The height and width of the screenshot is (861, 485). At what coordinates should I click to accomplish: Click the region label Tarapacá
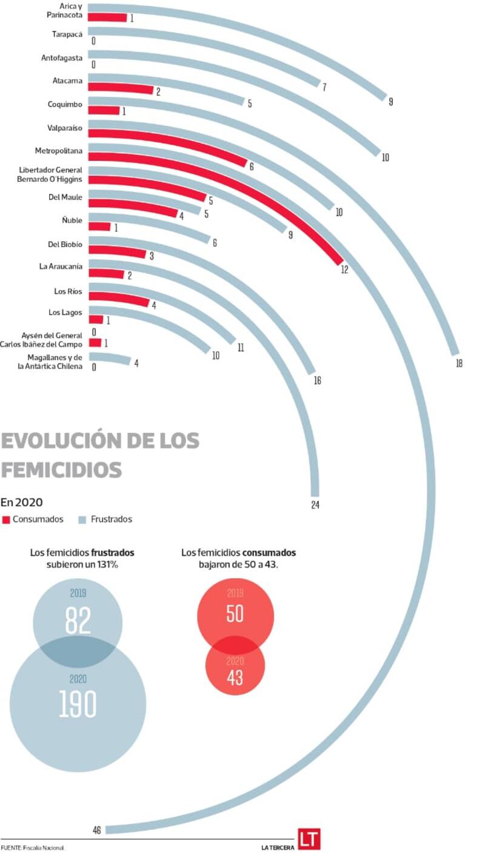67,35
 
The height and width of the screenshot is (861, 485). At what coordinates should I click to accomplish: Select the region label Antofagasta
62,58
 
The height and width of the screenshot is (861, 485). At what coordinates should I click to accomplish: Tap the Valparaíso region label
65,128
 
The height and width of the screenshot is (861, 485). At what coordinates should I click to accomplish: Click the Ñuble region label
72,220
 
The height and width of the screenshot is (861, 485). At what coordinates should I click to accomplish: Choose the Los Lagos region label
65,312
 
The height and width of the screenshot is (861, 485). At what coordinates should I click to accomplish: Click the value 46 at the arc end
97,830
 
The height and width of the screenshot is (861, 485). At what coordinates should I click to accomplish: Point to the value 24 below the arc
315,505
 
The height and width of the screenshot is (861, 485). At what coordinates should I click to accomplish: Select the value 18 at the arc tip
459,363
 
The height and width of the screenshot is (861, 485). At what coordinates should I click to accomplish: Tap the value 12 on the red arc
344,269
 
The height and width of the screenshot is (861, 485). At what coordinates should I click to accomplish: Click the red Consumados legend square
6,520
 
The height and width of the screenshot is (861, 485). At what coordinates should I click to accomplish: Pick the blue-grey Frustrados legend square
82,520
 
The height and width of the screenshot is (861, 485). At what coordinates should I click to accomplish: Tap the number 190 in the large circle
78,704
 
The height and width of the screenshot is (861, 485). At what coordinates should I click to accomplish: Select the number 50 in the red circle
235,613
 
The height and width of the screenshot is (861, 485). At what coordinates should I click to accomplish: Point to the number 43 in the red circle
235,677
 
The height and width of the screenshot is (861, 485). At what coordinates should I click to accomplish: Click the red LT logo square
309,839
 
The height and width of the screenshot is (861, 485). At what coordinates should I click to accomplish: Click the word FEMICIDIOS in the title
61,470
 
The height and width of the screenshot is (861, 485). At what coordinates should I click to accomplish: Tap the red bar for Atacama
121,88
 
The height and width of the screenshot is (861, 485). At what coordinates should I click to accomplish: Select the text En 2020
21,502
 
